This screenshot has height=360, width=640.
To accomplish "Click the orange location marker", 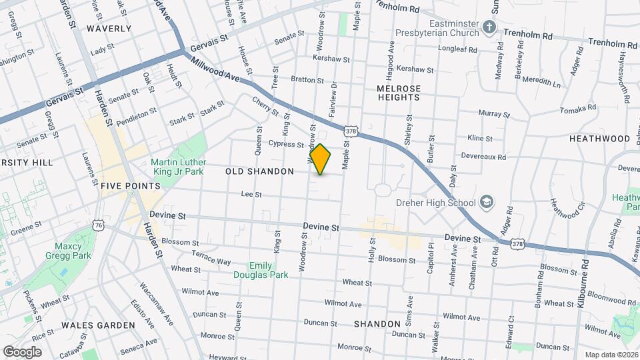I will pyautogui.click(x=321, y=159).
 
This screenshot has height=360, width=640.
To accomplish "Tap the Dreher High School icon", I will pyautogui.click(x=487, y=202).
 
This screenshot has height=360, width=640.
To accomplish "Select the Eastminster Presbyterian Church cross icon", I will pyautogui.click(x=489, y=27).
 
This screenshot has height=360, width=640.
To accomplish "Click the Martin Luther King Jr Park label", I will pyautogui.click(x=177, y=166).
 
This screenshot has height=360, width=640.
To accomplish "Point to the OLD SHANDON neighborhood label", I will pyautogui.click(x=259, y=172).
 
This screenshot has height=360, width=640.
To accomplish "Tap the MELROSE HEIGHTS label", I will pyautogui.click(x=399, y=93).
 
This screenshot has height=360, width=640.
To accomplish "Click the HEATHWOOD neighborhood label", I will pyautogui.click(x=599, y=139).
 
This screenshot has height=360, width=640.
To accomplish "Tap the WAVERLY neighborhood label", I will pyautogui.click(x=109, y=29).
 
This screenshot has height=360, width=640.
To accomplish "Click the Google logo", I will pyautogui.click(x=22, y=351).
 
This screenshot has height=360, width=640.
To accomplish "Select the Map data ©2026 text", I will pyautogui.click(x=611, y=355).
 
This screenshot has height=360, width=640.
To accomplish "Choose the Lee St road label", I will pyautogui.click(x=251, y=195).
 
